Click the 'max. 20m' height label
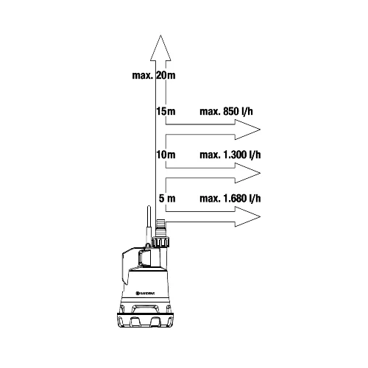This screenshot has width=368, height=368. click(x=154, y=75)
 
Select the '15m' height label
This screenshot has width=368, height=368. click(x=166, y=111)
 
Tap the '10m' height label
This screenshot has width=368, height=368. click(x=166, y=155)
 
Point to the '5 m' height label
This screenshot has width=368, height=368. click(x=167, y=198)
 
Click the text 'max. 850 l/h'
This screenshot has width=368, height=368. click(x=226, y=111)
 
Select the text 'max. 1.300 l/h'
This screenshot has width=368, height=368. click(x=230, y=155)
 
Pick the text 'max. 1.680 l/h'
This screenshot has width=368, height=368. click(x=230, y=198)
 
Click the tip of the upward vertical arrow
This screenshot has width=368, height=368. click(x=160, y=35)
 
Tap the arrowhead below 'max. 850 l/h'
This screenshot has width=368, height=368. click(x=247, y=130)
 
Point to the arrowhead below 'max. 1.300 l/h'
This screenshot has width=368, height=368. click(x=247, y=173)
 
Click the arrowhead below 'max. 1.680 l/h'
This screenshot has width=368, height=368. click(x=247, y=216)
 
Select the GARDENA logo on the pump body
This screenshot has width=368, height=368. click(x=145, y=293)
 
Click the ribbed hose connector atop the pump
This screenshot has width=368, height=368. click(x=161, y=228)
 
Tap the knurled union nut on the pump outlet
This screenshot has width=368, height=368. click(x=161, y=242)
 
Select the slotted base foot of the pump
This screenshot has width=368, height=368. click(x=145, y=320)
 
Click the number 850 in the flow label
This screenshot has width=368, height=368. click(x=231, y=111)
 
